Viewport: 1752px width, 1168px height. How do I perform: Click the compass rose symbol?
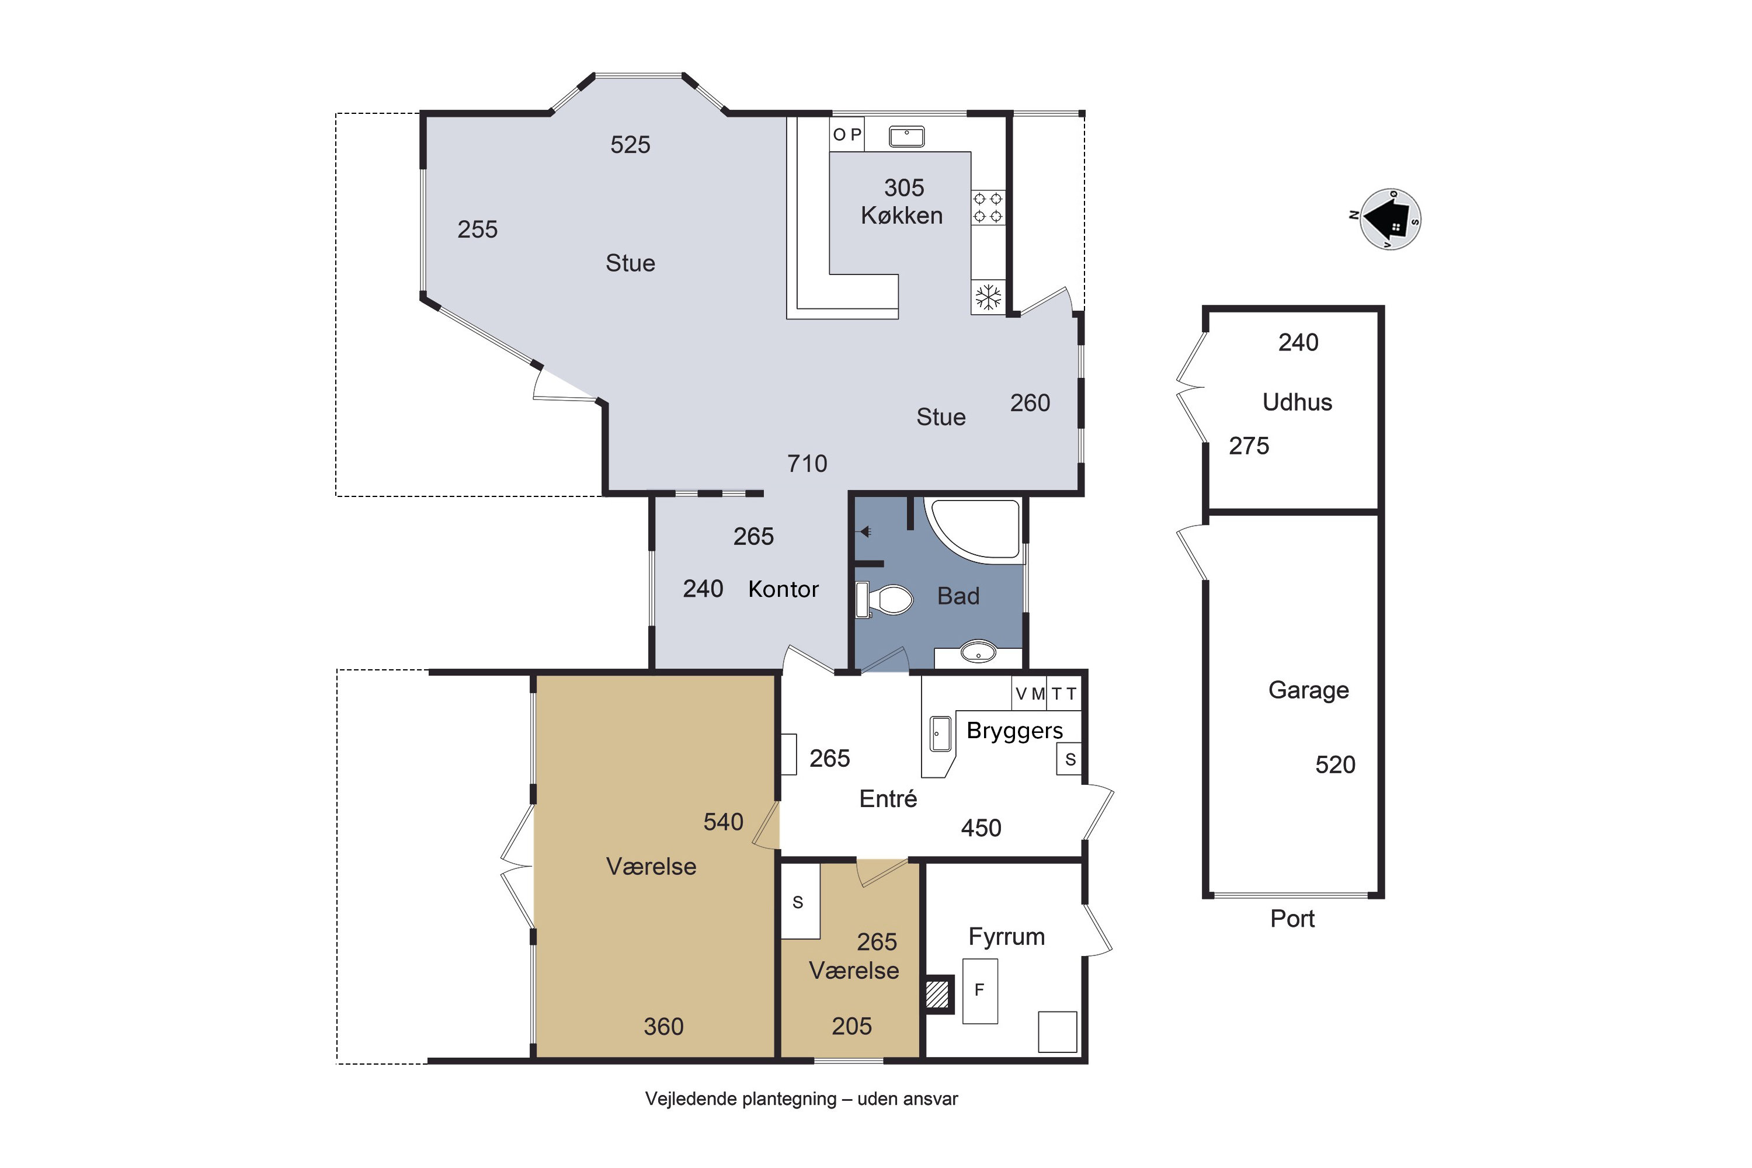[1390, 220]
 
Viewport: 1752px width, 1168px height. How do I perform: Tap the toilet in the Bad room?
[885, 600]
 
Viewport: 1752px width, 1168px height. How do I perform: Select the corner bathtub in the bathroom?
[972, 530]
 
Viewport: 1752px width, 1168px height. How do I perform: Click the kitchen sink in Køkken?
[906, 136]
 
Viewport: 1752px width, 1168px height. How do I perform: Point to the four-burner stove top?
[988, 208]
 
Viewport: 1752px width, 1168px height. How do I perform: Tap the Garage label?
[1309, 690]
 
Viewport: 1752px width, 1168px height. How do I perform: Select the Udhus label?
[1297, 402]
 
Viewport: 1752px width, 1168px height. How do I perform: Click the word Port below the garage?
[1292, 919]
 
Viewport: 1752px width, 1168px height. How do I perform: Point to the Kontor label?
[784, 589]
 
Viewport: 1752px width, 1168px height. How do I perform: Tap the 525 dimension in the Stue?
[630, 144]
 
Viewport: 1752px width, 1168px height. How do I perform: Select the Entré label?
[888, 798]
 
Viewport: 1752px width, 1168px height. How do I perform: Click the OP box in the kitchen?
[847, 135]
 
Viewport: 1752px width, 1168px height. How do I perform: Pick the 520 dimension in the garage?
[1335, 765]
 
